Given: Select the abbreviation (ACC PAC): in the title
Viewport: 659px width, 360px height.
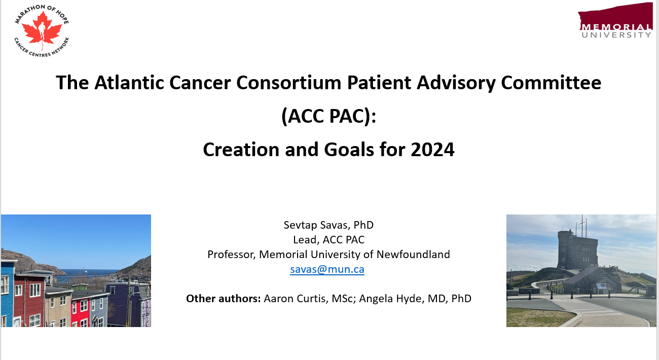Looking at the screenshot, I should click(328, 116).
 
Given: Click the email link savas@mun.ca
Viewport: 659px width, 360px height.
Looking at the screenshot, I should click(327, 269).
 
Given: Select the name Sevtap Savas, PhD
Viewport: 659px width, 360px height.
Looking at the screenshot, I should click(328, 225).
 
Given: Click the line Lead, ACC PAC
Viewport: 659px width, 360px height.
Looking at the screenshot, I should click(328, 239).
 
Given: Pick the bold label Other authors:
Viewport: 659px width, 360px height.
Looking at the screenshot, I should click(223, 298).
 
